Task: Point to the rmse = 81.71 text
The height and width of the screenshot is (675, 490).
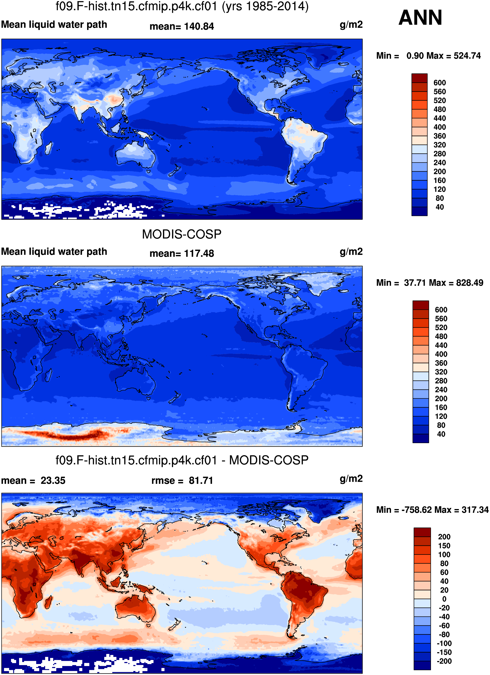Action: (x=182, y=481)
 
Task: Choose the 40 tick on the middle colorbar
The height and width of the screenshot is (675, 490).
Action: (x=441, y=434)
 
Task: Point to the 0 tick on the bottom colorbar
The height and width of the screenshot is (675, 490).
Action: (x=444, y=599)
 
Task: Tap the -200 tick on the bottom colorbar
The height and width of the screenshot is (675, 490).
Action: (x=444, y=661)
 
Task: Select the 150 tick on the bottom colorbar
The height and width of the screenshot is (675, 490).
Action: (x=444, y=546)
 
